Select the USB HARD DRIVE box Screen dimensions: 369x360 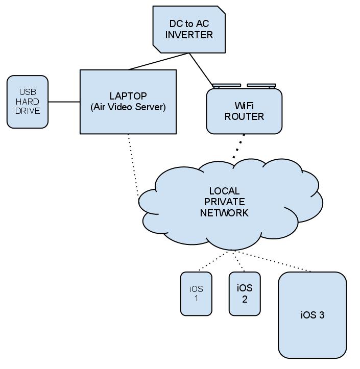pos(28,102)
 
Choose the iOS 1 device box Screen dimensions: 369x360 pos(196,293)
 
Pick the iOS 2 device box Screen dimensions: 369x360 pos(245,293)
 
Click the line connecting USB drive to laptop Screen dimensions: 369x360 pos(64,102)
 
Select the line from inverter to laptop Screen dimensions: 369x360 pos(158,61)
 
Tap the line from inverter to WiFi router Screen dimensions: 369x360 pos(202,69)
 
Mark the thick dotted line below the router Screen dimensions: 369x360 pos(239,146)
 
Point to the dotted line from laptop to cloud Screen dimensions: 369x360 pos(133,166)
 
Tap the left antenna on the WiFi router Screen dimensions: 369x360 pos(227,86)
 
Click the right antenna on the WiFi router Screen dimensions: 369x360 pos(261,86)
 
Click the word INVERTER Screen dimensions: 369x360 pos(188,35)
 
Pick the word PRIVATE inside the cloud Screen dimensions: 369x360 pos(224,202)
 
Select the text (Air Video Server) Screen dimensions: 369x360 pos(128,107)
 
